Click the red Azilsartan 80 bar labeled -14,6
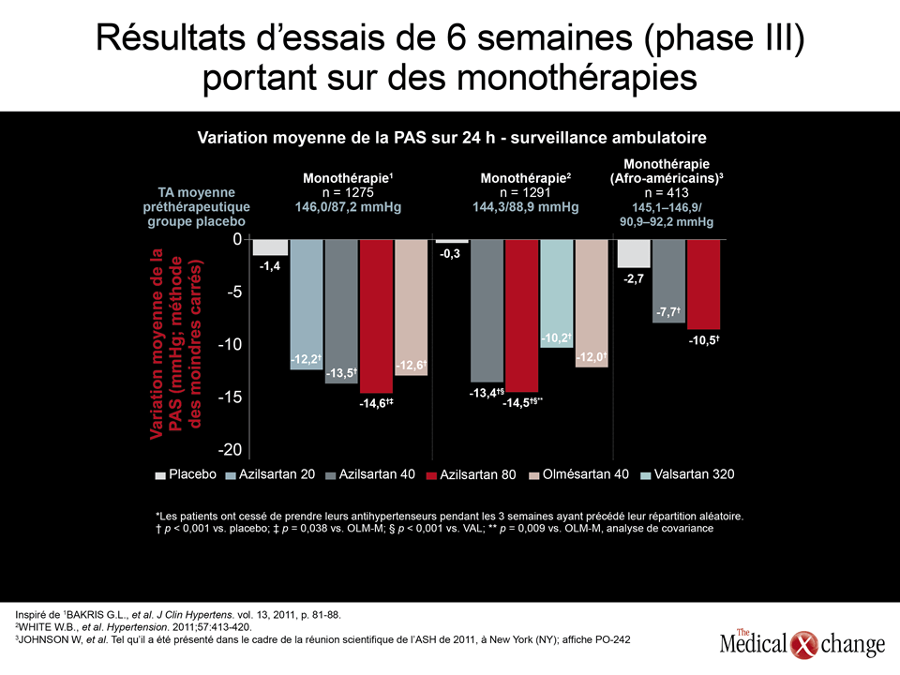click(x=377, y=316)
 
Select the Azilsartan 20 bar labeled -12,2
click(x=307, y=304)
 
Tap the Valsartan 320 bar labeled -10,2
click(x=557, y=293)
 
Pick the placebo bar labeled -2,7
click(x=634, y=253)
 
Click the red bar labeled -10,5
click(x=704, y=284)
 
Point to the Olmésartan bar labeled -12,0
click(x=592, y=303)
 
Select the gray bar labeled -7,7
click(x=668, y=280)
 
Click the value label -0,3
click(x=450, y=254)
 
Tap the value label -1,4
click(x=270, y=265)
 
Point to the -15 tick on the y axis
click(x=230, y=397)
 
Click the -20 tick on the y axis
click(x=230, y=450)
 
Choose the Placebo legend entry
click(x=186, y=474)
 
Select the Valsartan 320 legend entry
click(x=687, y=474)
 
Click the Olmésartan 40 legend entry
click(x=578, y=474)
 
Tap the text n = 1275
click(x=348, y=193)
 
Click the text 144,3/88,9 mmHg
click(x=526, y=207)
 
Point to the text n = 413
click(x=667, y=193)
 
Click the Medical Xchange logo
click(x=802, y=643)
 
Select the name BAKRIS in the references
click(x=85, y=615)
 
